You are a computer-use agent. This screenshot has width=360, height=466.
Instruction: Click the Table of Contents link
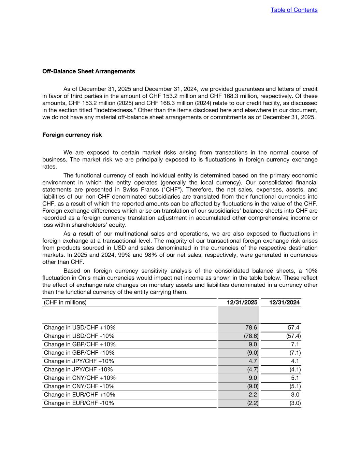pyautogui.click(x=294, y=10)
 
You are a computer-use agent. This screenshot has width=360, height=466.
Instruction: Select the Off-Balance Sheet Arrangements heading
pyautogui.click(x=88, y=71)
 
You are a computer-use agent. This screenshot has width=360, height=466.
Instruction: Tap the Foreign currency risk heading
pyautogui.click(x=72, y=135)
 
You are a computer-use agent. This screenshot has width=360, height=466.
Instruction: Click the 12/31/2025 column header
pyautogui.click(x=242, y=302)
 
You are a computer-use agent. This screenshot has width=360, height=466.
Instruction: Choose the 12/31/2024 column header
pyautogui.click(x=284, y=302)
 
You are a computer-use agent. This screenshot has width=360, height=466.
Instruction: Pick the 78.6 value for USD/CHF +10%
pyautogui.click(x=251, y=328)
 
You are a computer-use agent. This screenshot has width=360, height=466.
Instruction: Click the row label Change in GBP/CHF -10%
pyautogui.click(x=79, y=353)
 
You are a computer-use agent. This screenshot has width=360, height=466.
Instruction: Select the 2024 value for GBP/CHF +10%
pyautogui.click(x=295, y=344)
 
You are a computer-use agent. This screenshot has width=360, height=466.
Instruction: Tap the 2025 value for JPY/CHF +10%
pyautogui.click(x=253, y=361)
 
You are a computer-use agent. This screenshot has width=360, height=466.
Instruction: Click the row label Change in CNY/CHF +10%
pyautogui.click(x=80, y=378)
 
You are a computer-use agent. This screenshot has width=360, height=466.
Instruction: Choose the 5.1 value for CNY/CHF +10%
pyautogui.click(x=295, y=378)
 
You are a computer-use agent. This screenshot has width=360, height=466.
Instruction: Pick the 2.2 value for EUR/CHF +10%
pyautogui.click(x=253, y=395)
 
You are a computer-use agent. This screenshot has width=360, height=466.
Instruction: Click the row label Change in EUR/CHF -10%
pyautogui.click(x=79, y=403)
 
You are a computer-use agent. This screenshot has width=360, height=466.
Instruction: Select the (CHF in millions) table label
pyautogui.click(x=65, y=302)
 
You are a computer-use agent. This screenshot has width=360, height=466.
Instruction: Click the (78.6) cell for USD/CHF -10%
pyautogui.click(x=251, y=336)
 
